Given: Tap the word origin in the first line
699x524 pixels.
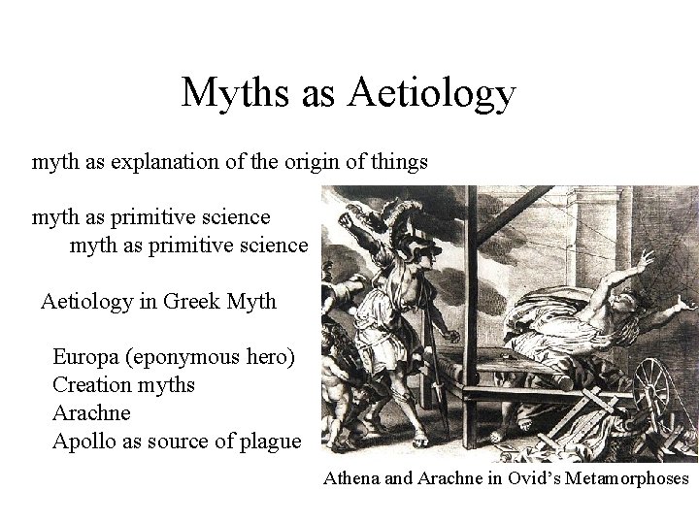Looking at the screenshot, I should (313, 161).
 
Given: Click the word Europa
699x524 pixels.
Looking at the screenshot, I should (84, 356).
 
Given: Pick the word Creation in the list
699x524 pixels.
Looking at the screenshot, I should (92, 384).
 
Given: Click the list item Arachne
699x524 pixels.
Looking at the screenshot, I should (91, 412).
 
